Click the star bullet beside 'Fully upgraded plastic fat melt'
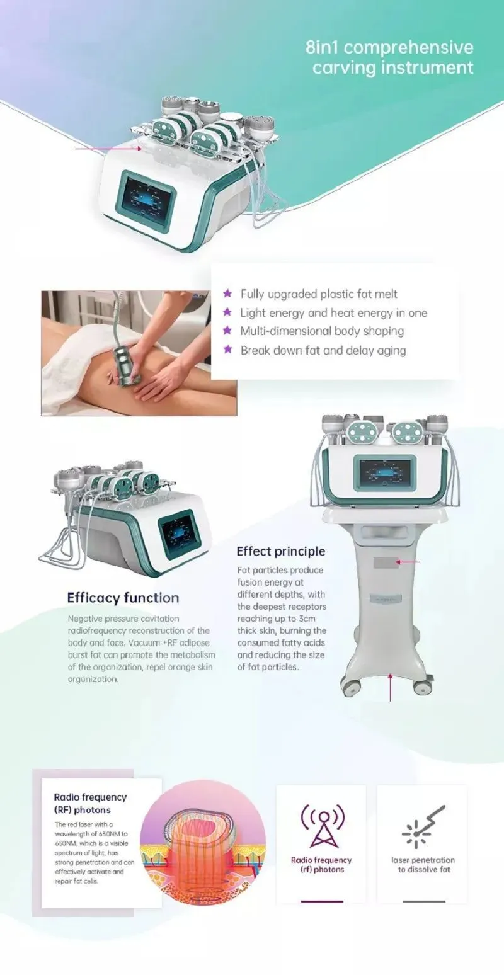click(227, 294)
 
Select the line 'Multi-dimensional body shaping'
click(322, 331)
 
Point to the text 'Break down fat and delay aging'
click(323, 350)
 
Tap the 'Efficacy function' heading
click(123, 598)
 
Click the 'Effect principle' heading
click(280, 551)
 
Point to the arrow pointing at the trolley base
click(391, 687)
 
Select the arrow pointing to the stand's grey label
click(408, 561)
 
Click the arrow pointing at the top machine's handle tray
click(107, 149)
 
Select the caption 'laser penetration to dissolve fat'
click(423, 864)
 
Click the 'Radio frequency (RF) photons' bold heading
click(90, 803)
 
